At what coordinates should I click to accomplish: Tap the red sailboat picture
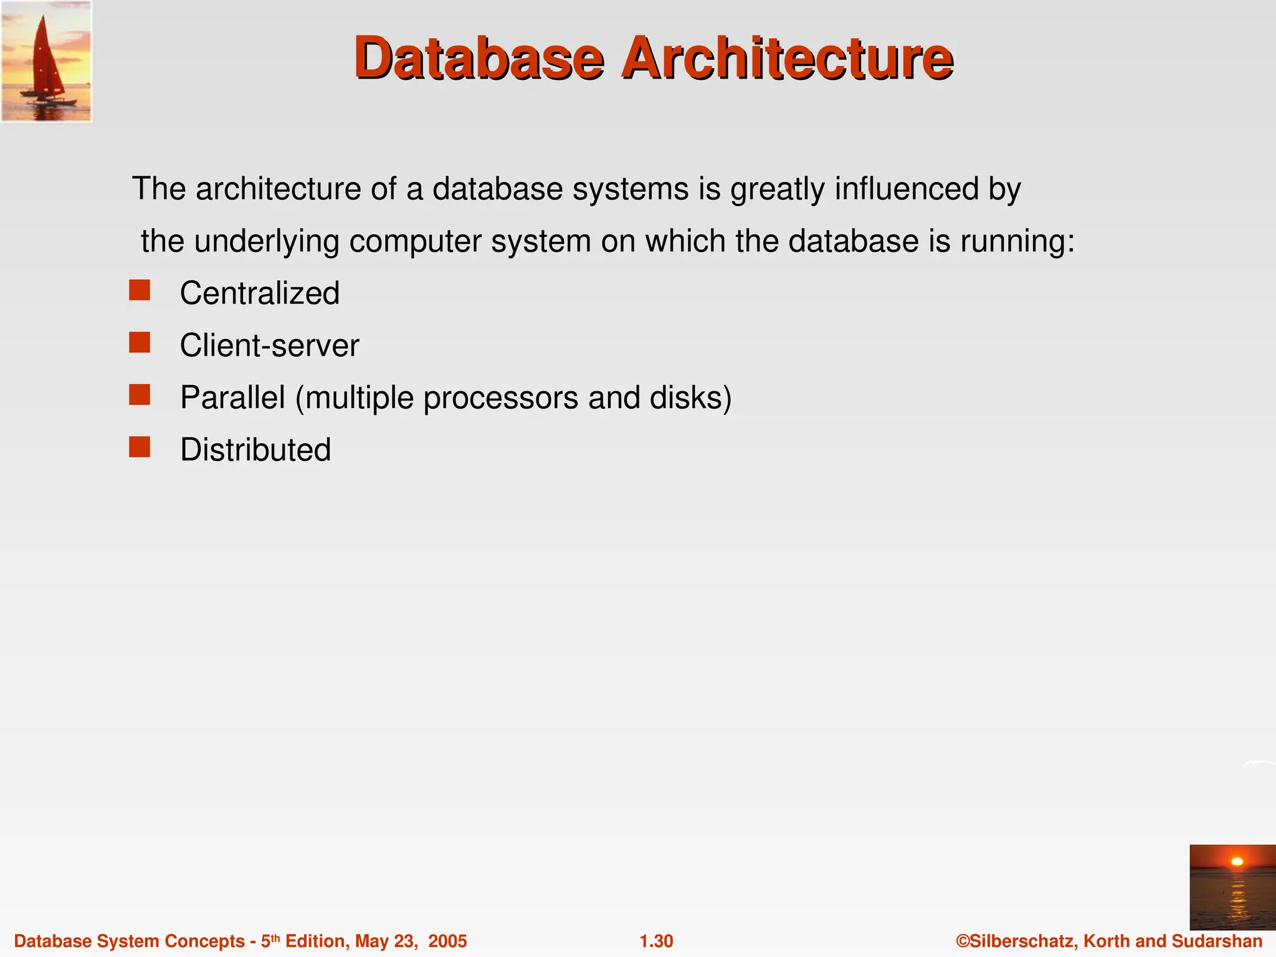click(x=46, y=61)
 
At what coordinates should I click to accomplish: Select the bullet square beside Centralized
click(x=140, y=290)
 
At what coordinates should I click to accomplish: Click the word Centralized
click(x=259, y=293)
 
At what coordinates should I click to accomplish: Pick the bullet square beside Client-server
click(x=140, y=343)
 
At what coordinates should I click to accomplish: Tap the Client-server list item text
click(x=269, y=346)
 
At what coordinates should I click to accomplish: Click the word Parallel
click(x=232, y=398)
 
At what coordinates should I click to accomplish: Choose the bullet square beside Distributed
click(x=140, y=447)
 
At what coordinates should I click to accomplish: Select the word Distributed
click(x=255, y=450)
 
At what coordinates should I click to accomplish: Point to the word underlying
click(x=267, y=242)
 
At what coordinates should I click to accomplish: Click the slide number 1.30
click(x=656, y=941)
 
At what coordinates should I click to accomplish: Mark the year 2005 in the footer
click(x=447, y=941)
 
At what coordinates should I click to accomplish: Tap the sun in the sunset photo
click(x=1237, y=862)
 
